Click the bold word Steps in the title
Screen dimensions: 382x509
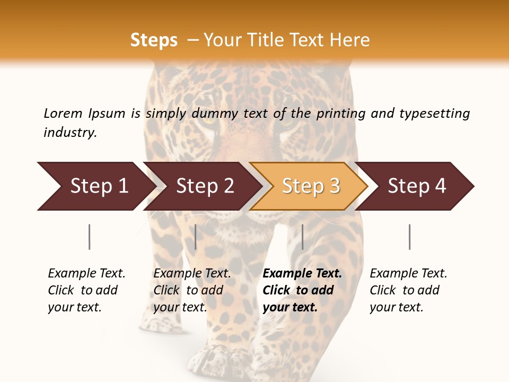(x=154, y=40)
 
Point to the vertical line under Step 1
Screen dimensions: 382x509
(x=90, y=237)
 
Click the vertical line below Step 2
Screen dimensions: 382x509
(x=196, y=237)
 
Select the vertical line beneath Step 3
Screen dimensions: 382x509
(x=302, y=237)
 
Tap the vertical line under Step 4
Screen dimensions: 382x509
(x=409, y=237)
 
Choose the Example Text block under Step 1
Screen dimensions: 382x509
(x=86, y=290)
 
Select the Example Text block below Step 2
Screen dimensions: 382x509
(x=192, y=290)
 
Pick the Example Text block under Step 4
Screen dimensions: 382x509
(x=408, y=290)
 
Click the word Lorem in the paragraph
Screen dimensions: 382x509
(x=63, y=113)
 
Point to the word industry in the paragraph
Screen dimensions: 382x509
(x=70, y=132)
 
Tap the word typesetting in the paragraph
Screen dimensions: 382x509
(x=434, y=113)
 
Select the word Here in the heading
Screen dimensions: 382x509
(x=349, y=40)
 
